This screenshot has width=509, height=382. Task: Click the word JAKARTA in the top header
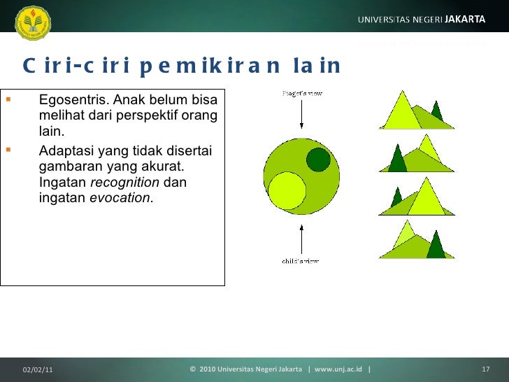point(464,20)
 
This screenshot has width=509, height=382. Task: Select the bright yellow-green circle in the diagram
point(287,191)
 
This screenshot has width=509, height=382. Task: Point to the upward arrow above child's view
point(301,238)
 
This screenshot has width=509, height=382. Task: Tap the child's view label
point(301,261)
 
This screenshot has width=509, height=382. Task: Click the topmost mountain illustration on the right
point(415,112)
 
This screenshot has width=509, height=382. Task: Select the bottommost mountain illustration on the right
point(415,241)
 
